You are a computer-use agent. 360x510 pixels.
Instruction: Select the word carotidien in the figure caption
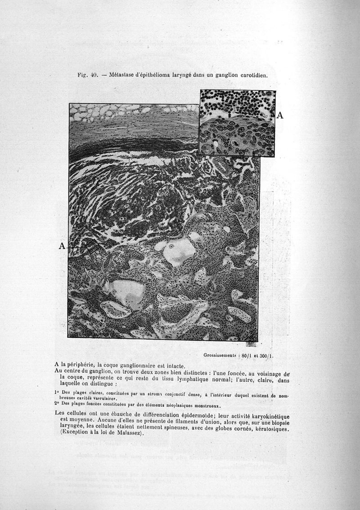pyautogui.click(x=253, y=75)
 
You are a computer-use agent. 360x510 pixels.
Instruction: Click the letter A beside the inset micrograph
pyautogui.click(x=280, y=116)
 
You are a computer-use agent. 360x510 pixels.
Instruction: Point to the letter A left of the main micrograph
pyautogui.click(x=62, y=246)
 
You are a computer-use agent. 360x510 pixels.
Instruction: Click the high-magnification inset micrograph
pyautogui.click(x=237, y=122)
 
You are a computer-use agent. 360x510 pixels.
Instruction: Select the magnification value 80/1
pyautogui.click(x=246, y=355)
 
